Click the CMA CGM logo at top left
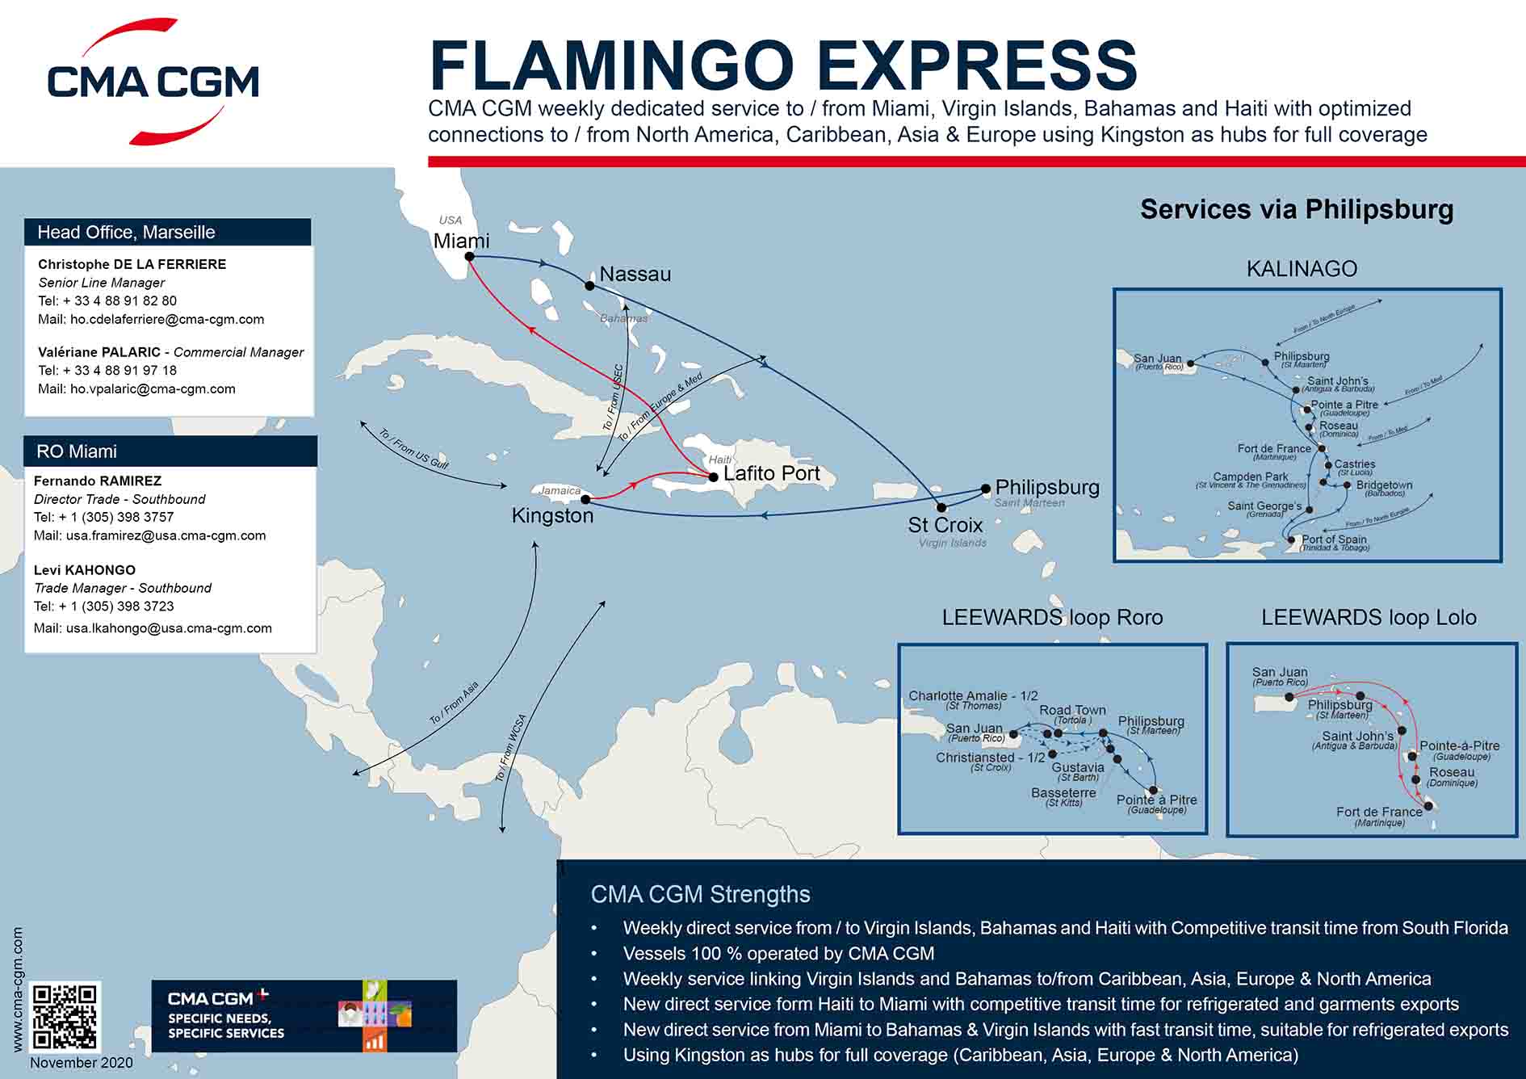[x=153, y=82]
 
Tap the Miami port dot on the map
[x=468, y=257]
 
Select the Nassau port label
[x=635, y=275]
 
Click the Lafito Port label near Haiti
[x=771, y=473]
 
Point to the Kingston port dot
[x=586, y=499]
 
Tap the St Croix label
[x=945, y=525]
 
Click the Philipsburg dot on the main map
[x=986, y=489]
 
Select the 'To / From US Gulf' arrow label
[x=413, y=449]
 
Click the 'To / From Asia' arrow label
[x=454, y=703]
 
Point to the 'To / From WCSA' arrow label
[x=510, y=748]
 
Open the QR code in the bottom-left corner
[x=65, y=1016]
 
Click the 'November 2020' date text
[x=81, y=1063]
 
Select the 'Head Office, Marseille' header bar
[x=168, y=233]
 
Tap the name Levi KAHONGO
[x=85, y=569]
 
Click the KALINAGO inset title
[x=1302, y=269]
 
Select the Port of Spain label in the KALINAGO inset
[x=1334, y=539]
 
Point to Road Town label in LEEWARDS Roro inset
[x=1072, y=710]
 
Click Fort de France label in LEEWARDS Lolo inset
[x=1379, y=812]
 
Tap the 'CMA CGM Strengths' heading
[x=700, y=894]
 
